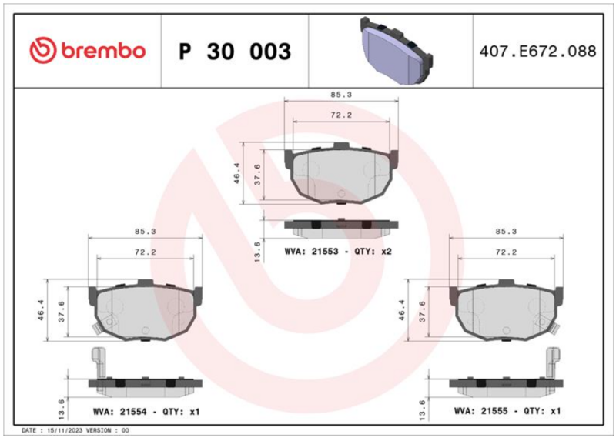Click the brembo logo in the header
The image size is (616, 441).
[88, 51]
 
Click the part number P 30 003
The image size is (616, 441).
[235, 52]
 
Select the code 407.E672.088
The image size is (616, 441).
[537, 52]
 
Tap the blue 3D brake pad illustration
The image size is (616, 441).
[397, 51]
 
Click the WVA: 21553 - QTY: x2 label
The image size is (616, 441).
[338, 252]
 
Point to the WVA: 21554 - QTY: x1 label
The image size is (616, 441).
[146, 412]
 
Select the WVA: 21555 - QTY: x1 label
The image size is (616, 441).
[507, 411]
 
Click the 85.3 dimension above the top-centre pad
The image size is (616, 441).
[341, 95]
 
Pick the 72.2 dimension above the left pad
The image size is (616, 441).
[146, 252]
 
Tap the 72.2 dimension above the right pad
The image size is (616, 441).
[506, 252]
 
